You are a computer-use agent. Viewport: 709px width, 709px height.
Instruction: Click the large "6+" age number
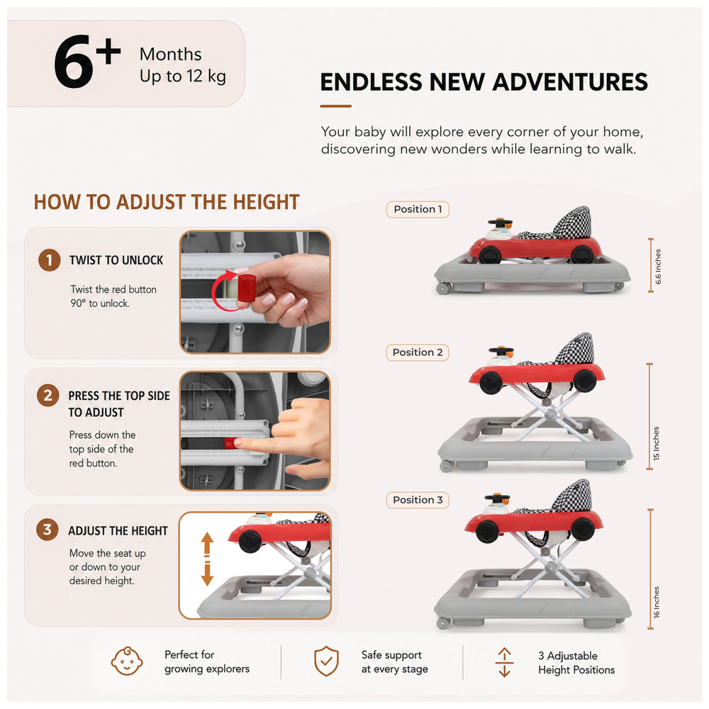[87, 62]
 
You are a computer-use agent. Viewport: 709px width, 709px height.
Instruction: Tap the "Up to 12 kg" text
[183, 76]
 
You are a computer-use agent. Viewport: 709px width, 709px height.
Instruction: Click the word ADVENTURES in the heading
[570, 82]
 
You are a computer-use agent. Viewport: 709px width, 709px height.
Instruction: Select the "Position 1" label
[418, 209]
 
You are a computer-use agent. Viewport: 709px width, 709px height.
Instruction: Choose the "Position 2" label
[418, 352]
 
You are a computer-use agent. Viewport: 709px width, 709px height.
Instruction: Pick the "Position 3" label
[418, 500]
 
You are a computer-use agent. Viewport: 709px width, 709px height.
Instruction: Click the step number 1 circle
[50, 260]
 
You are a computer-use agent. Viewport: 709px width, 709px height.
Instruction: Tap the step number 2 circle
[48, 396]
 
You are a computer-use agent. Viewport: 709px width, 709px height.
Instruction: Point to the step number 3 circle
[47, 530]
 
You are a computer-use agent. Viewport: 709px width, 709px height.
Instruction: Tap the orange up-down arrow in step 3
[207, 559]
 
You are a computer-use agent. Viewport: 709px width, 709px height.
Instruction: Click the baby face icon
[127, 661]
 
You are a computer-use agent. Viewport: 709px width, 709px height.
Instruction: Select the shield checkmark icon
[326, 661]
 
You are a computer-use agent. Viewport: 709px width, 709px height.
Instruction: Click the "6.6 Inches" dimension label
[659, 267]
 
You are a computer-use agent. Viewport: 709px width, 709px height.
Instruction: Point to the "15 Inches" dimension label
[656, 443]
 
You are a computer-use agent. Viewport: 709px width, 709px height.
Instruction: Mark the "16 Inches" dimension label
[656, 602]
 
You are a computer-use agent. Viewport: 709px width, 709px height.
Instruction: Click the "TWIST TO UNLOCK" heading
[116, 260]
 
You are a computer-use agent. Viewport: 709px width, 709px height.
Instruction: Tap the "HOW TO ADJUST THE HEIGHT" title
[167, 202]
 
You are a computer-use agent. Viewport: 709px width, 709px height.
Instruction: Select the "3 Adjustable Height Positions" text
[576, 663]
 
